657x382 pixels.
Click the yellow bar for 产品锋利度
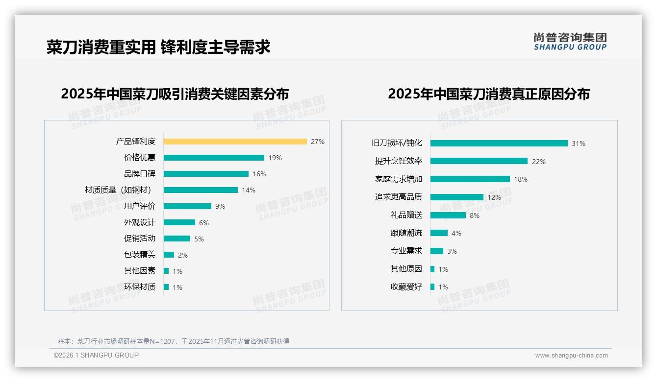click(x=235, y=142)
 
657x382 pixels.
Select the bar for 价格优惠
click(x=214, y=158)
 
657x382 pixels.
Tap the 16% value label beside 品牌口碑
click(x=259, y=174)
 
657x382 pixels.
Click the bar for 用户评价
click(x=187, y=206)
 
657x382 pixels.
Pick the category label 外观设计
click(x=139, y=222)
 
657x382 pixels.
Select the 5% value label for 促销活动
click(x=199, y=239)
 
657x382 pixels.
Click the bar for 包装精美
click(x=169, y=255)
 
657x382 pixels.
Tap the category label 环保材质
click(x=139, y=287)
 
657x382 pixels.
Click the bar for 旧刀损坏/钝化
click(x=499, y=143)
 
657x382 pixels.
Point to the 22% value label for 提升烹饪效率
click(x=539, y=162)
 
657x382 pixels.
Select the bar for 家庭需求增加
click(x=470, y=179)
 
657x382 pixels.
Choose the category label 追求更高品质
click(x=398, y=197)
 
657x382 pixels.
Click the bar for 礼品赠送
click(x=448, y=215)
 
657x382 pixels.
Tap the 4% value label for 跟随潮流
click(x=456, y=233)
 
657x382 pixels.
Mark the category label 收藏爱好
click(x=406, y=287)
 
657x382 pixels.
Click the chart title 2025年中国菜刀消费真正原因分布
click(x=488, y=94)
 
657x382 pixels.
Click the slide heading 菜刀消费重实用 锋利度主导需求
click(x=158, y=47)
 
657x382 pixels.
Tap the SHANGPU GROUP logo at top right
click(x=570, y=41)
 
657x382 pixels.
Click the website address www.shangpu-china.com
click(x=571, y=356)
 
